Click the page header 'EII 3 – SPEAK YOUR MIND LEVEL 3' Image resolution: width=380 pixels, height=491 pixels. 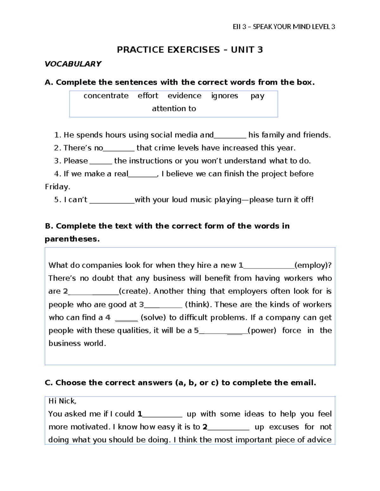click(x=284, y=27)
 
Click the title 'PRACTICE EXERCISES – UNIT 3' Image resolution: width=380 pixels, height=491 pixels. click(x=190, y=50)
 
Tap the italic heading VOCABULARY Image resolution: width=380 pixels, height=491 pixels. click(x=73, y=64)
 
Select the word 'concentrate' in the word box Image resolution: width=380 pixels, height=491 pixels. click(x=106, y=96)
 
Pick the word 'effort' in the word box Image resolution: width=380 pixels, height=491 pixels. click(x=148, y=96)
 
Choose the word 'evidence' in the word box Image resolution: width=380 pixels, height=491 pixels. click(x=184, y=96)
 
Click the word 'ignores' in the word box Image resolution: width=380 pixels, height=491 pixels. click(x=225, y=96)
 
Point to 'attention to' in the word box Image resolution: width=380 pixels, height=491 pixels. click(x=174, y=109)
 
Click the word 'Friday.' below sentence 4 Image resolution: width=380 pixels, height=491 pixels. click(x=57, y=187)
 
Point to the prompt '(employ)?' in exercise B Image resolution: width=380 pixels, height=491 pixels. click(x=313, y=265)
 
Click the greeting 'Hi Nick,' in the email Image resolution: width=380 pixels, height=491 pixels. click(x=62, y=401)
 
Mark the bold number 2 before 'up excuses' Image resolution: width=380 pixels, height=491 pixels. click(x=205, y=427)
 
